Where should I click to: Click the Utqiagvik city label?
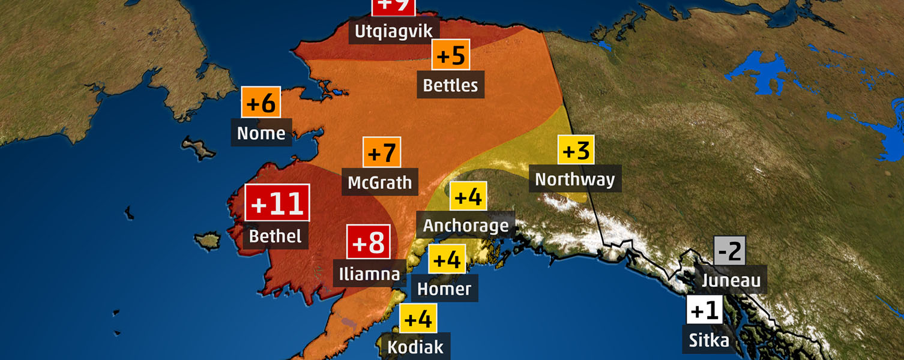click(x=394, y=31)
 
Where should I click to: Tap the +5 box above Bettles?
click(x=451, y=55)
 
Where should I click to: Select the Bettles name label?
click(x=451, y=85)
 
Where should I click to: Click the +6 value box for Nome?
click(x=261, y=103)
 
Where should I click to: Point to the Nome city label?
click(x=261, y=133)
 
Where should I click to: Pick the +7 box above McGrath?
click(x=382, y=152)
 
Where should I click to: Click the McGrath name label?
click(x=381, y=182)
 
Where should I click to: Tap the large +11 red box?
click(x=277, y=204)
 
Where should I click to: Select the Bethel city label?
click(x=276, y=236)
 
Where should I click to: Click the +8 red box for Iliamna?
click(x=369, y=242)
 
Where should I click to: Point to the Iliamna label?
click(x=369, y=274)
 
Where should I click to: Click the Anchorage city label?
click(x=466, y=226)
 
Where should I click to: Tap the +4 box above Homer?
click(x=447, y=260)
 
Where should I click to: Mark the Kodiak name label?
click(x=415, y=347)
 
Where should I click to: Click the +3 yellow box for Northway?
click(x=576, y=150)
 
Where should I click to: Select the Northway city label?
click(x=575, y=179)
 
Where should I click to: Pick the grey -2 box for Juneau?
click(x=729, y=251)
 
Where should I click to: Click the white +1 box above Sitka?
click(x=705, y=311)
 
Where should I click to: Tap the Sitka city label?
click(x=709, y=341)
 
